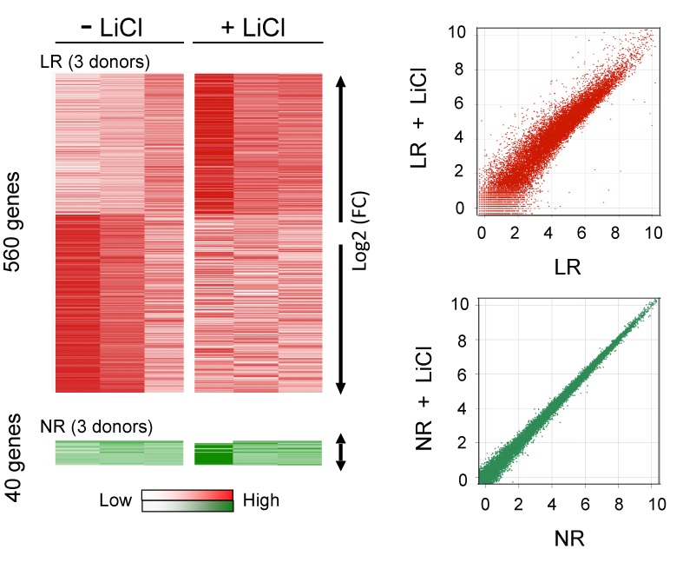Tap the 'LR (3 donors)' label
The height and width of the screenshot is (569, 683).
click(x=95, y=62)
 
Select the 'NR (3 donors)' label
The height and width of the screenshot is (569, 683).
click(x=96, y=427)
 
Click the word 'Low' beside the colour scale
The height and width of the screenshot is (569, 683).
click(x=115, y=500)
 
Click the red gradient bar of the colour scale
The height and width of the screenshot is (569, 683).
click(x=187, y=495)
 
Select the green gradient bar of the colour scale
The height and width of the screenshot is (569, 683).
click(x=187, y=506)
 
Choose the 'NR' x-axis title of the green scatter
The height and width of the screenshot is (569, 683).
click(x=569, y=539)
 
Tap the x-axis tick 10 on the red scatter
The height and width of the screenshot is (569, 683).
click(x=653, y=233)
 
